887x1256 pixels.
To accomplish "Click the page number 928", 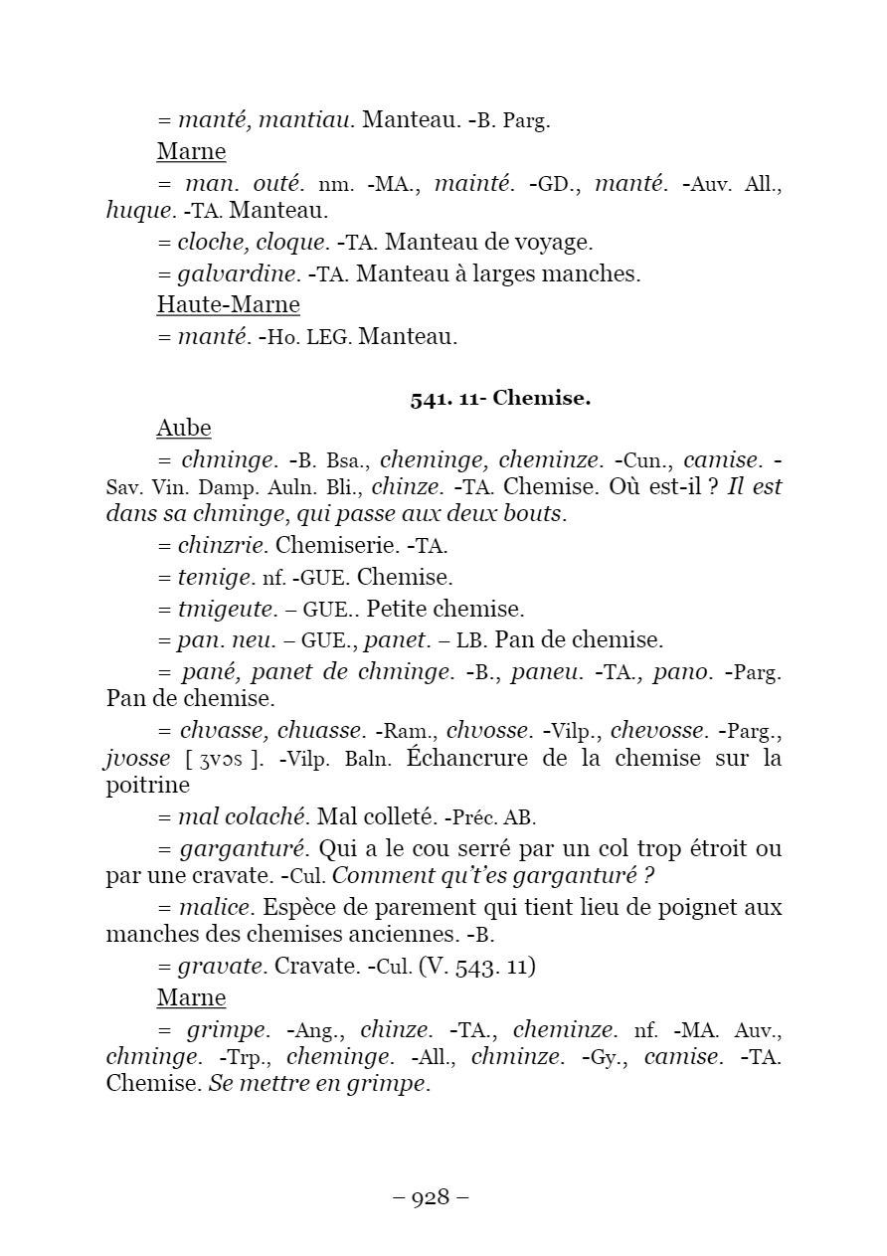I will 431,1197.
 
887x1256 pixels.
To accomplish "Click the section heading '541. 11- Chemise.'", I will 500,399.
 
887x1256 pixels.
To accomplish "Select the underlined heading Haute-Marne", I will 228,304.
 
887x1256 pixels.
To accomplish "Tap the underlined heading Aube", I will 184,428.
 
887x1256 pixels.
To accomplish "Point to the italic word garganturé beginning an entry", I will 246,849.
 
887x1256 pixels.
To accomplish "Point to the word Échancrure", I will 478,759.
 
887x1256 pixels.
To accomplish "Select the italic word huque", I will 138,211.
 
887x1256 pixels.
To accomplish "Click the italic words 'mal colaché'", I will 242,817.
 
